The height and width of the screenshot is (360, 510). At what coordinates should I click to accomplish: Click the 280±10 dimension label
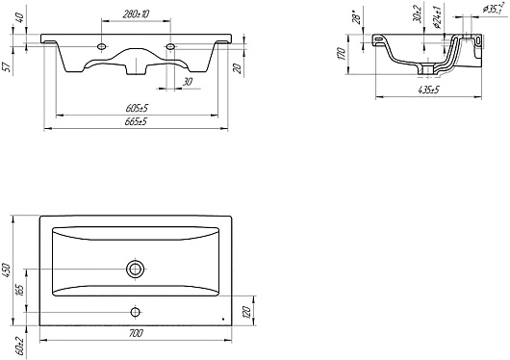(x=137, y=14)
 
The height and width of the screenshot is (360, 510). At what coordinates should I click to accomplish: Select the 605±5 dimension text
(x=137, y=108)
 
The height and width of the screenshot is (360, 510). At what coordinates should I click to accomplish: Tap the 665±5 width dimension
(x=136, y=121)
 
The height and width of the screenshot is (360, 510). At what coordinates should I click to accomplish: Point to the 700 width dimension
(x=136, y=334)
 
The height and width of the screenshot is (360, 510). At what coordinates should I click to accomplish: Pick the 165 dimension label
(x=19, y=291)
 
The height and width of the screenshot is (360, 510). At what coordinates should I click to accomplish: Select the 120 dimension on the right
(x=246, y=313)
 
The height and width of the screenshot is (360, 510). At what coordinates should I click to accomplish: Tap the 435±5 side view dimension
(x=428, y=90)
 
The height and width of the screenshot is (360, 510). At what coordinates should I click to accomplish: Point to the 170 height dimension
(x=341, y=54)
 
